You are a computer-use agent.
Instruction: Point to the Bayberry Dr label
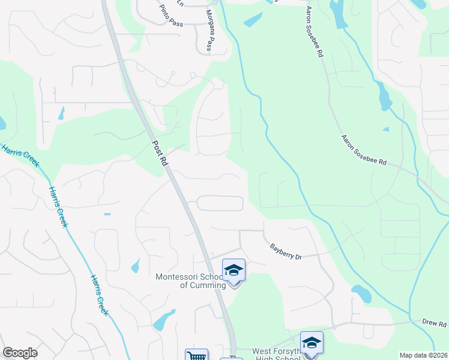[285, 251]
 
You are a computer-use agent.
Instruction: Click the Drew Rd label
[434, 324]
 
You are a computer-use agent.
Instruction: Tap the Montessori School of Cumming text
[190, 281]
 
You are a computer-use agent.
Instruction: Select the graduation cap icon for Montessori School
[234, 271]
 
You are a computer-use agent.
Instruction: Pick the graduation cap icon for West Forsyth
[312, 343]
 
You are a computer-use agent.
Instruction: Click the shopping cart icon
[196, 356]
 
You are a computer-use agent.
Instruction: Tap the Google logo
[20, 353]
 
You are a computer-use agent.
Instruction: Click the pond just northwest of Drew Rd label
[361, 294]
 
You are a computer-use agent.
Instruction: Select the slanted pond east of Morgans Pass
[253, 20]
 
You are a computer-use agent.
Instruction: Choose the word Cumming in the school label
[208, 285]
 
